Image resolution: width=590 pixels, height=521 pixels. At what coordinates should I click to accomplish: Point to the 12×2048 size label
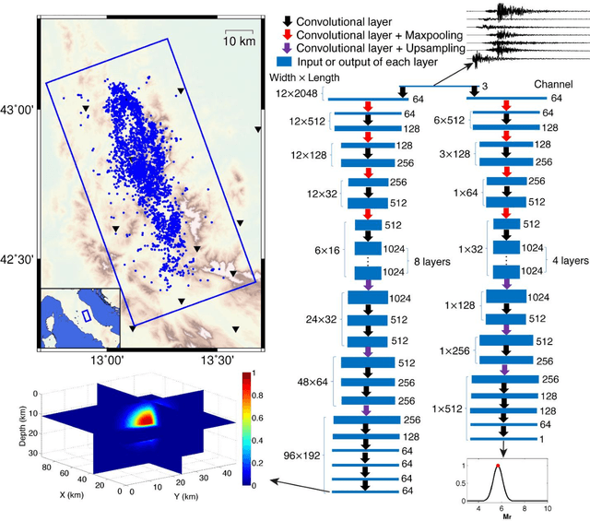click(297, 95)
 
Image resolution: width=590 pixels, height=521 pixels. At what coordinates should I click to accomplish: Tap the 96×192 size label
click(301, 456)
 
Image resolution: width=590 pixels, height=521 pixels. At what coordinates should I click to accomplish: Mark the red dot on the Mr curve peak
click(498, 467)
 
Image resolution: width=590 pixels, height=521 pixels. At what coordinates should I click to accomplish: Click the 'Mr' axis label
click(499, 516)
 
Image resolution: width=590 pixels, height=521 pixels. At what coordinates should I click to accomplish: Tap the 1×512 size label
click(447, 407)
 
